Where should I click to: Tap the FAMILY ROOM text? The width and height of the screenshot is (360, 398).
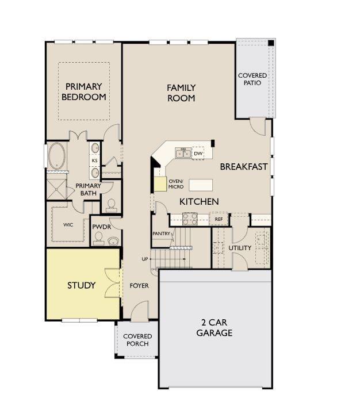coord(181,93)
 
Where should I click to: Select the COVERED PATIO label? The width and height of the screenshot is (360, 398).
coord(253,79)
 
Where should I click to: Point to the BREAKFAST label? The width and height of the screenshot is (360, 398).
coord(244,167)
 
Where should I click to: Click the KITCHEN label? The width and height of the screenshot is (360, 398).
coord(199,201)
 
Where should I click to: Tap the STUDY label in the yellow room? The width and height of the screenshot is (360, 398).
coord(81,285)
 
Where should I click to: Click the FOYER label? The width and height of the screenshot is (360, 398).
coord(139,285)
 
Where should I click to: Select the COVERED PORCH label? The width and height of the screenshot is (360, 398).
coord(137,340)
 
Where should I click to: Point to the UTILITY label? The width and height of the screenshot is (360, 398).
coord(240,248)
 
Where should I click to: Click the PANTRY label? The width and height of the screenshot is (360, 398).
coord(161,234)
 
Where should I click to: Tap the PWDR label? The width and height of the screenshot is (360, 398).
coord(101,227)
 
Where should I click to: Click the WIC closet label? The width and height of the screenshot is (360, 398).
coord(68,225)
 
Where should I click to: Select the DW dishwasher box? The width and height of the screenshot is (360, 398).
coord(198,154)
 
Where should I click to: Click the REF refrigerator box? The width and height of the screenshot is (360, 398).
coord(219,219)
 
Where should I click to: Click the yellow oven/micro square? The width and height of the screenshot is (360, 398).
coord(159,183)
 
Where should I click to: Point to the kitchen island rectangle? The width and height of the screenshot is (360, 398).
coord(200,184)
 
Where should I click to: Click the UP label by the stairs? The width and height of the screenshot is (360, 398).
coord(145,259)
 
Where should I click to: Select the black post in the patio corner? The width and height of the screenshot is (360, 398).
coord(271,44)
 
